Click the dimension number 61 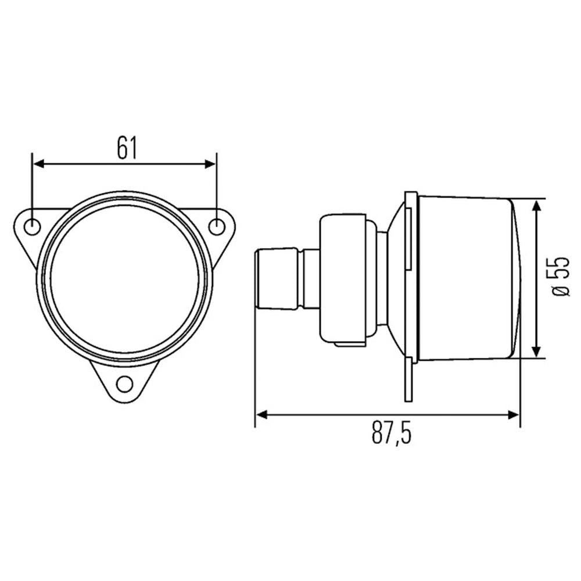127,148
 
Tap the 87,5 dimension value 391,432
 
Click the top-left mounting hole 32,227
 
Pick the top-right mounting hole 216,227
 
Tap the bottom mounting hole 124,384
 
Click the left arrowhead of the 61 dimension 39,164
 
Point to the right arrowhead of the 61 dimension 210,164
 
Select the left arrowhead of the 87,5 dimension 261,415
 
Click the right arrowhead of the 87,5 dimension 514,415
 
